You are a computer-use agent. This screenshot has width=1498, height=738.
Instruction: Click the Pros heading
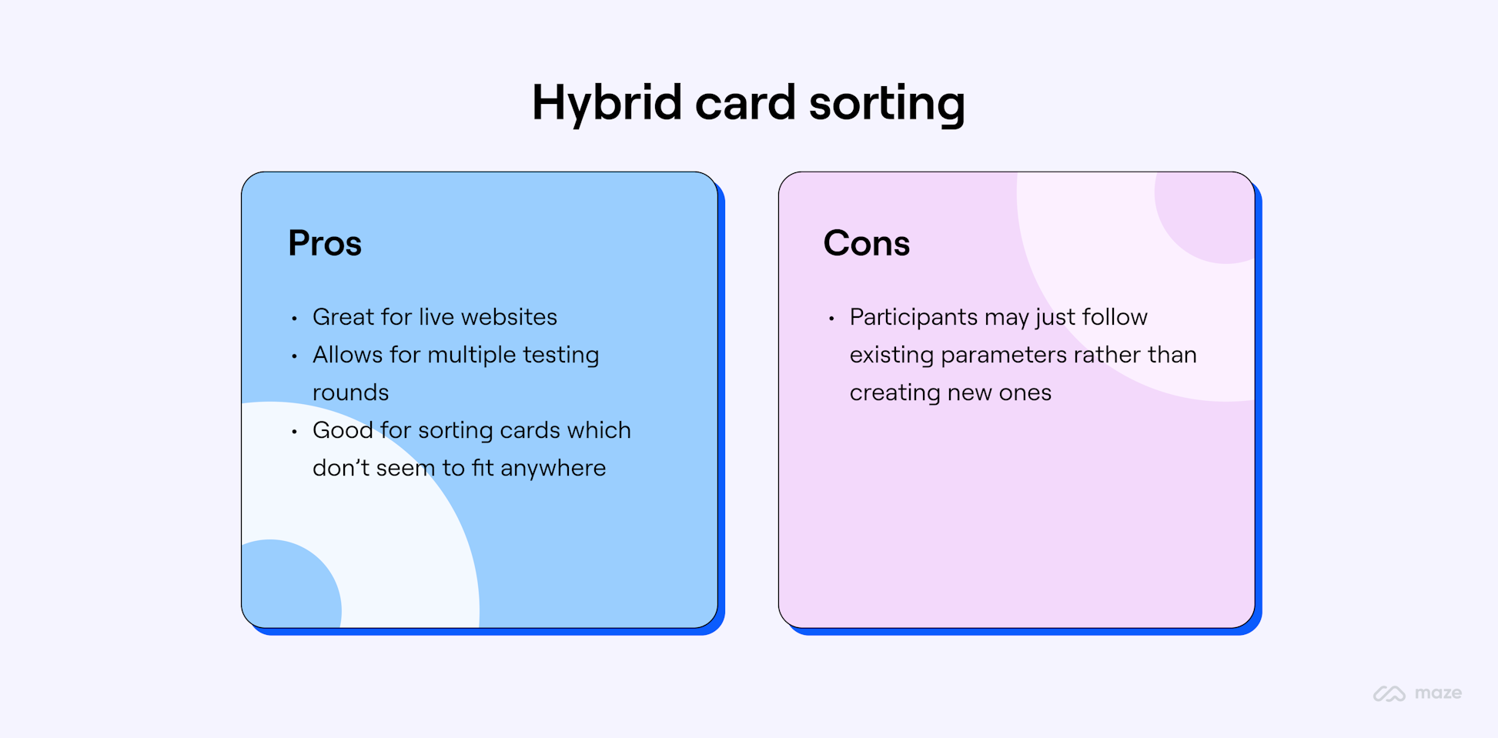[x=325, y=243]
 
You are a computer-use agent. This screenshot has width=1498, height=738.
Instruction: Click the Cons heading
[x=866, y=243]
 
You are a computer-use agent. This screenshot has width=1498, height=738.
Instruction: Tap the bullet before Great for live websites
[x=294, y=318]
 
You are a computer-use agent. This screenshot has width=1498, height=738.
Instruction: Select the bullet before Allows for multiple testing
[x=294, y=356]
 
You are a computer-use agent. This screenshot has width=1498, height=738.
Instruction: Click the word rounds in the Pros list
[x=350, y=392]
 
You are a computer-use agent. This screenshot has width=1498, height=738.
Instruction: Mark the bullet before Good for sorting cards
[x=294, y=431]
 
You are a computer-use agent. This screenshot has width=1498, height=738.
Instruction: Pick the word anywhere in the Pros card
[x=553, y=468]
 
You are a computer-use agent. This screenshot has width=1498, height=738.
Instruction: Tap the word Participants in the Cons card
[x=913, y=317]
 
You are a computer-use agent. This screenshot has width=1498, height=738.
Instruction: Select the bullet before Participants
[x=831, y=318]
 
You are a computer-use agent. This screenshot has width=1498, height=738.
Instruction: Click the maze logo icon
[x=1389, y=693]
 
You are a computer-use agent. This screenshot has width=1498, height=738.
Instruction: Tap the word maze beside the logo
[x=1438, y=693]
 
